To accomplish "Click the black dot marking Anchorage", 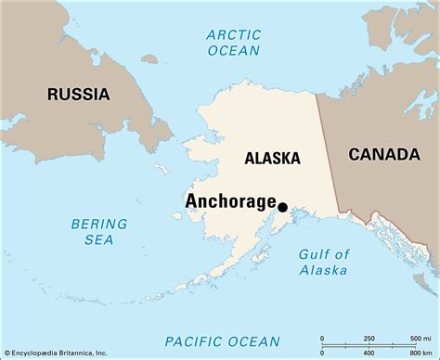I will pos(282,208).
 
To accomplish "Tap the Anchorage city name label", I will pos(230,201).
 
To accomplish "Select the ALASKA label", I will pos(273,159).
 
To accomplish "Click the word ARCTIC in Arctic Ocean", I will pos(233,35).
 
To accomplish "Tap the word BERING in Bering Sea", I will pos(99,223).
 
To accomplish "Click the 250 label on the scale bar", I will pos(369,337).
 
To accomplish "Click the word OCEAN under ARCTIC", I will pos(233,52).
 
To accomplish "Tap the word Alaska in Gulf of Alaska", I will pos(324,270).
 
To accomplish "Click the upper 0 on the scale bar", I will pos(322,337).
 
